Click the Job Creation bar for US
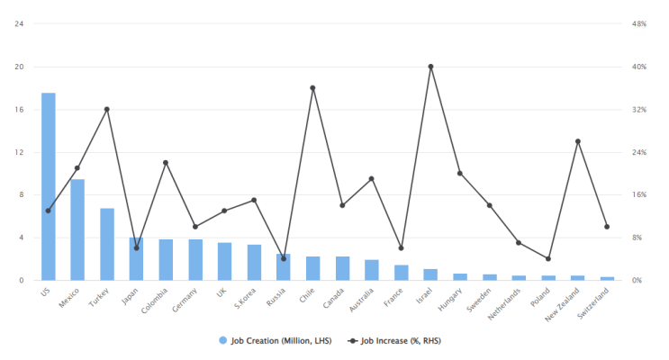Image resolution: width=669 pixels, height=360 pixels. pos(48,186)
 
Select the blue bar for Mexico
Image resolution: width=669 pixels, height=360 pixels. pos(77,229)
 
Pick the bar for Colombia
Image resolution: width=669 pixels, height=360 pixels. pos(166,259)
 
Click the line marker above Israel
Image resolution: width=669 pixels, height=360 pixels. pos(430,67)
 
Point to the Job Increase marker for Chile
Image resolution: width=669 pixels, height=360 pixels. pos(312,88)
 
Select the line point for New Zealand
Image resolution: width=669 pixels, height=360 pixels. pos(577,141)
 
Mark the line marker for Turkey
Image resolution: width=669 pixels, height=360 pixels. pos(107,110)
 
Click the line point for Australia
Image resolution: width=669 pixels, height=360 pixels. pos(371,179)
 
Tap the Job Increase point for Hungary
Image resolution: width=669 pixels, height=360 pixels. pos(459,173)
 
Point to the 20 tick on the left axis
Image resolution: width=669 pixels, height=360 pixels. pos(19,67)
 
